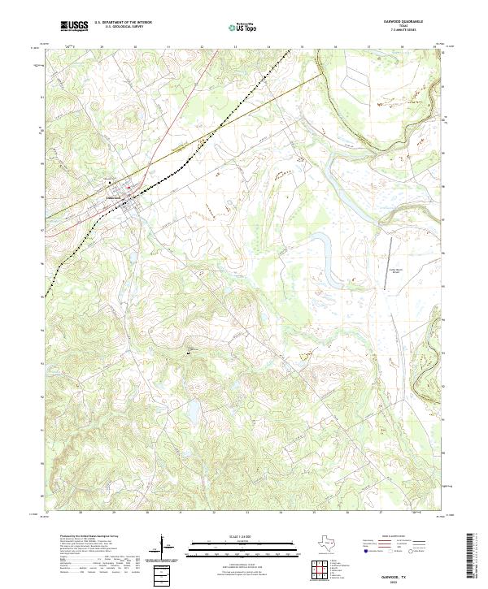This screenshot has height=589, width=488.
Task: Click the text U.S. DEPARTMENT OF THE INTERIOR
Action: [122, 24]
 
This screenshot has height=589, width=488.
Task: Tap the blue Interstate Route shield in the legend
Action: [365, 551]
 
